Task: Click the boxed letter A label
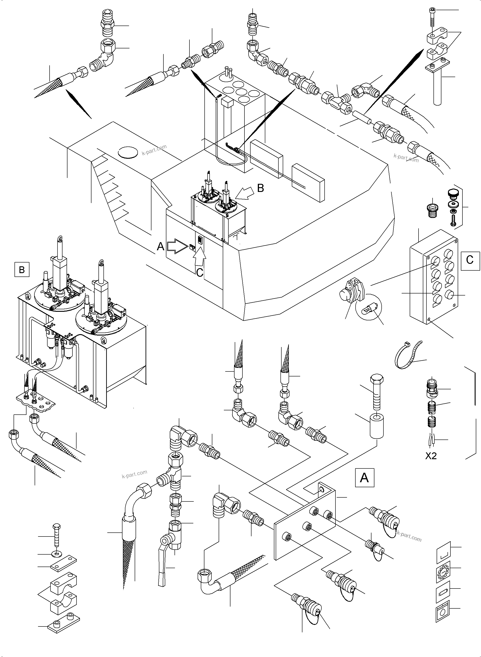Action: coord(364,477)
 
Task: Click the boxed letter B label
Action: coord(22,270)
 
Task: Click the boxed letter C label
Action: coord(470,259)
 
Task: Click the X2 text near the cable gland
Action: coord(431,456)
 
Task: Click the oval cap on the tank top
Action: coord(127,152)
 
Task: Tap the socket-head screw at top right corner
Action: coord(432,17)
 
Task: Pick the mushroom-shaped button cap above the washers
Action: coord(451,193)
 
